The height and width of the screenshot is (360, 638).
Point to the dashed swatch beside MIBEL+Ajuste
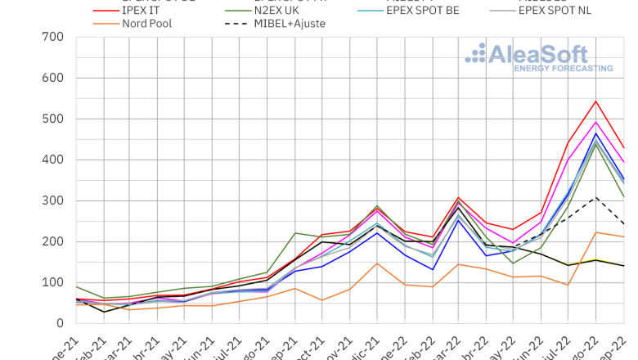[x=237, y=24]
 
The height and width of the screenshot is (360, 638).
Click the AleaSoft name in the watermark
[x=537, y=55]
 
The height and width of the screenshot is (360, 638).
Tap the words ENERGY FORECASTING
[x=563, y=69]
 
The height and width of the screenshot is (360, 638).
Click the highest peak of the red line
[x=595, y=101]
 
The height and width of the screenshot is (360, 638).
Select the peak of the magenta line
[x=595, y=122]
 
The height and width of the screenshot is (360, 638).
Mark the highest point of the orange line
[x=595, y=232]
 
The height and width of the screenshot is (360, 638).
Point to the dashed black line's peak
[x=595, y=197]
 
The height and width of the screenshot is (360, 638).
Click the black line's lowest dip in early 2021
[x=104, y=312]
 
